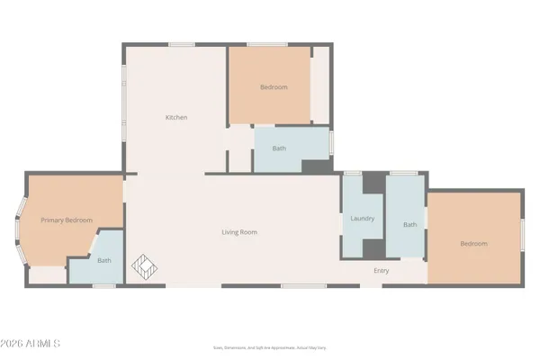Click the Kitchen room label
tap(176, 117)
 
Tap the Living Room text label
tap(239, 232)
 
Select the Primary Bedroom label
tap(66, 220)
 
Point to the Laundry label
tap(362, 219)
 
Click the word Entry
tap(381, 270)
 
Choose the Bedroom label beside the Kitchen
tap(274, 87)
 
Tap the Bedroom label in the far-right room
tap(473, 244)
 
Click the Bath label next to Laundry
tap(409, 225)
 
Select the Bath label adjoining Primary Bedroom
tap(104, 261)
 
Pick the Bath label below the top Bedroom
tap(279, 149)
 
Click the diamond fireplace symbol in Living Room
tap(146, 267)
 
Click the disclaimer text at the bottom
tap(269, 346)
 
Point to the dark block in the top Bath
tap(315, 166)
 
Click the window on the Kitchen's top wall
tap(182, 44)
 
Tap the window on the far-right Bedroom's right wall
tap(523, 238)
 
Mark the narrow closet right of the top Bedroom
tap(320, 85)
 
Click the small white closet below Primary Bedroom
tap(48, 275)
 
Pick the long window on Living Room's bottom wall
tap(303, 286)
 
